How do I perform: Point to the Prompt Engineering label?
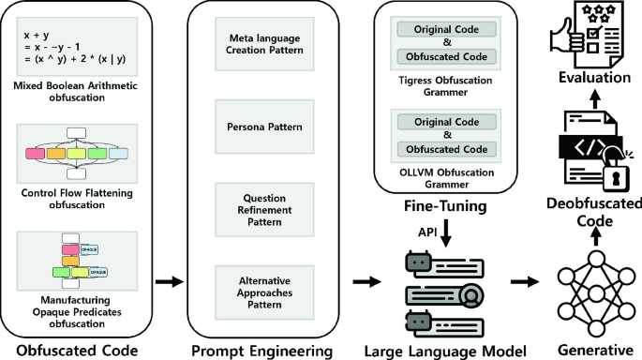261,351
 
